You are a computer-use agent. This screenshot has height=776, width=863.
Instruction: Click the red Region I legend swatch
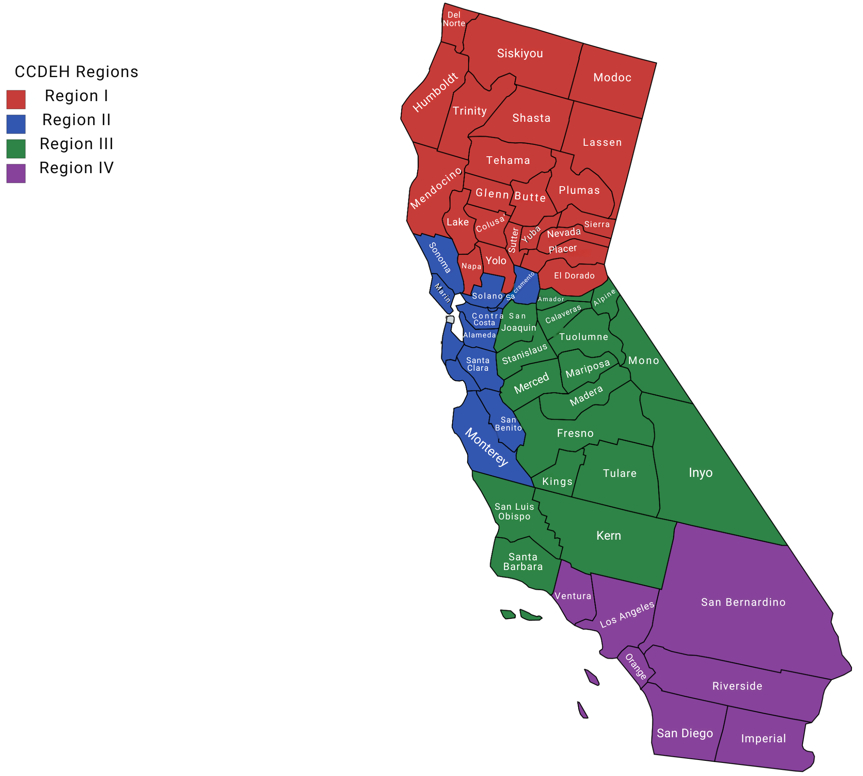(x=16, y=99)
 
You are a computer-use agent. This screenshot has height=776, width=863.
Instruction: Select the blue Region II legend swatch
(x=16, y=124)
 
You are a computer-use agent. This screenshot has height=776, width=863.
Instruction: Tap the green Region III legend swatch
(x=16, y=149)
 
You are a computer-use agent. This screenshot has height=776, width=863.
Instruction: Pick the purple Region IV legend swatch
(x=16, y=174)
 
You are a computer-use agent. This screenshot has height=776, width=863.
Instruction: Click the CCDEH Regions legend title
(x=76, y=72)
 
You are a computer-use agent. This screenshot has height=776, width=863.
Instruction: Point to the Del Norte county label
(x=454, y=19)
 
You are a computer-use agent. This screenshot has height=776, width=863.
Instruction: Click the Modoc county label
(x=612, y=77)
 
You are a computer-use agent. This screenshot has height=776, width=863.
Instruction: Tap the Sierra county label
(x=597, y=224)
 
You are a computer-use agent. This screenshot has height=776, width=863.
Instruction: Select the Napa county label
(x=471, y=266)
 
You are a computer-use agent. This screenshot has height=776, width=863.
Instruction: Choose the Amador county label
(x=551, y=299)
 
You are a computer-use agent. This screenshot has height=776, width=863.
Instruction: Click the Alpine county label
(x=605, y=297)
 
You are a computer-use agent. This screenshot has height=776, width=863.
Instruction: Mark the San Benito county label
(x=508, y=424)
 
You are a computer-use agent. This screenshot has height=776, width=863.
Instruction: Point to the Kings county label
(x=557, y=482)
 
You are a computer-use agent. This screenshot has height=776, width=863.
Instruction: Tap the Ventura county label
(x=573, y=596)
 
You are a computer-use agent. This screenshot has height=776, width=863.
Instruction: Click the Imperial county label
(x=763, y=739)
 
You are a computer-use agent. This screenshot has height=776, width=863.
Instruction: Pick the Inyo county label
(x=700, y=472)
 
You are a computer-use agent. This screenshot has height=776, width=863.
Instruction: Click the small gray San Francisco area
(x=450, y=319)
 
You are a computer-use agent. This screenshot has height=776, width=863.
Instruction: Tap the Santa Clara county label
(x=478, y=364)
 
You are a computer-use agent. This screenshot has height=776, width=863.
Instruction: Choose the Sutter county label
(x=513, y=240)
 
